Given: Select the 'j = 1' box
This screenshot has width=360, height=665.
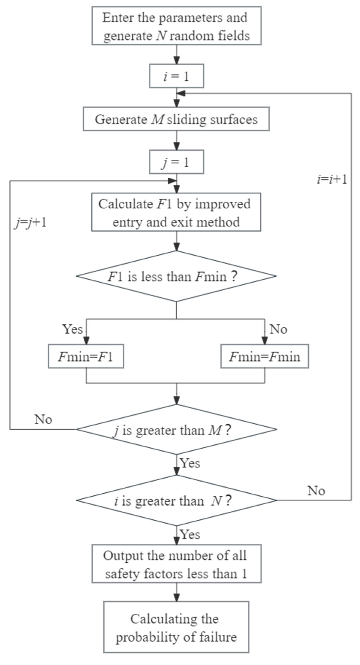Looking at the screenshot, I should point(176,162).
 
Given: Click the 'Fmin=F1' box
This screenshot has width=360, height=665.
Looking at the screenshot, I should point(86,357).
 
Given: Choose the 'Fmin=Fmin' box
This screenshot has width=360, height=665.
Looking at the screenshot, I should point(264,357).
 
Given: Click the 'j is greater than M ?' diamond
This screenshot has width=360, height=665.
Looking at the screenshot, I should point(176,430).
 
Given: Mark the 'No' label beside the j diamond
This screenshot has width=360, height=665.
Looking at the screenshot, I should point(43,419).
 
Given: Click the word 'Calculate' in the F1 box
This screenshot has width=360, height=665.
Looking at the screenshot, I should point(126,204).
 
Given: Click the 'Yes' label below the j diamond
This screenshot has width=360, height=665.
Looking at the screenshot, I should point(190,463).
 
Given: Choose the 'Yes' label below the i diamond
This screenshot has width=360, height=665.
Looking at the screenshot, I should point(190,534).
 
